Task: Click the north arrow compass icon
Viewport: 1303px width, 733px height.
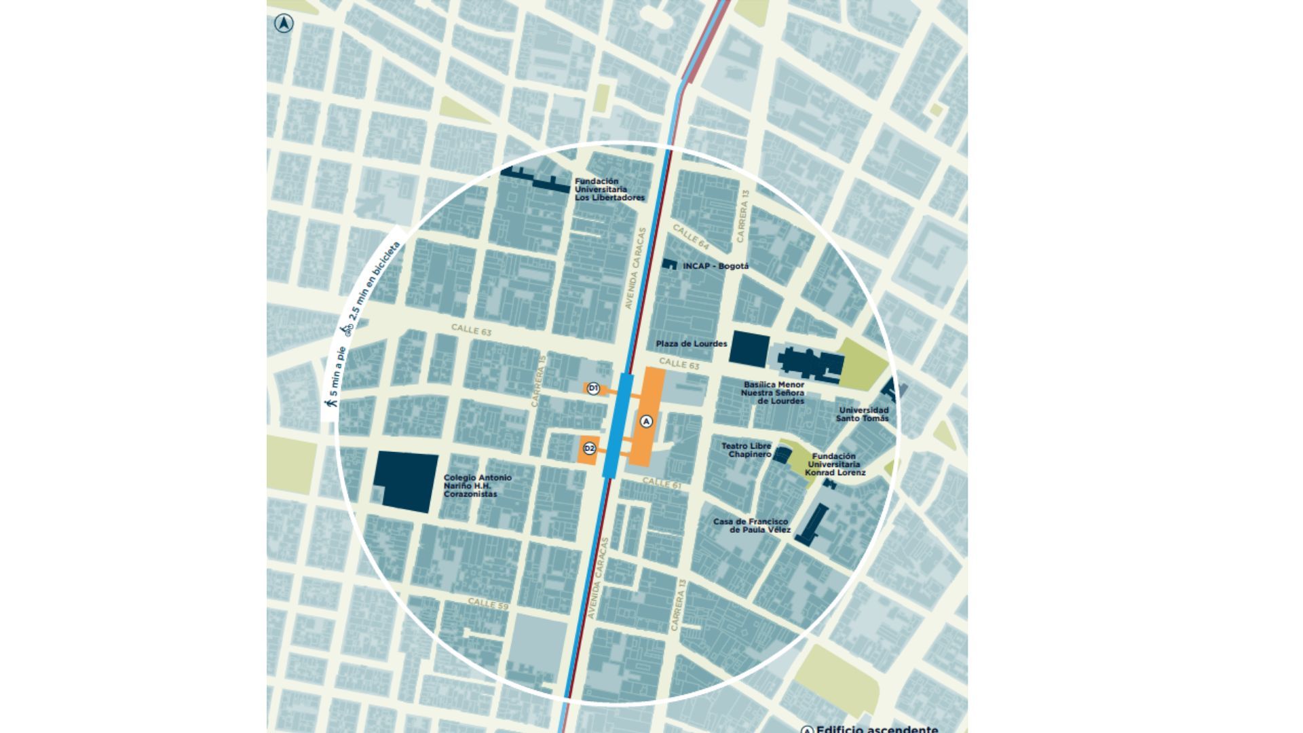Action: pos(284,24)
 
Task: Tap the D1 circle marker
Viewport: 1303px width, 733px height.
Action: pos(592,388)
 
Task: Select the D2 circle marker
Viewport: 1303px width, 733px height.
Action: pos(589,448)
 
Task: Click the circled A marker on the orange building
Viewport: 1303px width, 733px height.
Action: pos(646,421)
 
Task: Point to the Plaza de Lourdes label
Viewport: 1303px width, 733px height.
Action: pos(691,344)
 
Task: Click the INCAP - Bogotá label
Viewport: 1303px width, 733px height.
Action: pos(715,266)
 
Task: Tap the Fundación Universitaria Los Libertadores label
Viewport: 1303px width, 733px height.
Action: pos(609,190)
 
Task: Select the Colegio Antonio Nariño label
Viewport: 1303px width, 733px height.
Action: pos(477,486)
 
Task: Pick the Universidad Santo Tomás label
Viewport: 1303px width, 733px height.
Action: pos(863,414)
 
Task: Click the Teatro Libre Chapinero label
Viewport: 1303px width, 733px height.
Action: pos(746,450)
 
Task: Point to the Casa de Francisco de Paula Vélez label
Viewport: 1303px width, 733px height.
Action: pos(751,525)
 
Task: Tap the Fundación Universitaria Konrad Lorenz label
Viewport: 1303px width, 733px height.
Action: pos(835,464)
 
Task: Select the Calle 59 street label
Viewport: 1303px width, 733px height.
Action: pos(488,603)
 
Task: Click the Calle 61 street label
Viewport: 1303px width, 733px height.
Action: pos(662,483)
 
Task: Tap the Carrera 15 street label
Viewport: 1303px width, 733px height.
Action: pos(539,386)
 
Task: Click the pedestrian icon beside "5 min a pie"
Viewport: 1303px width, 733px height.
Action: pos(331,402)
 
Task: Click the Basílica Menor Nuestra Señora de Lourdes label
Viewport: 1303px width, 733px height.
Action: pos(773,393)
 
